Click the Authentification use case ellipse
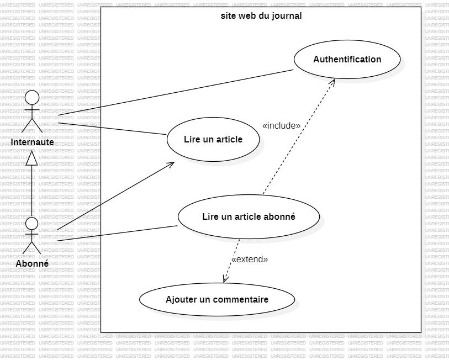(x=347, y=59)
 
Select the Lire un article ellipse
(x=213, y=139)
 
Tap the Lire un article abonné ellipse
(x=249, y=216)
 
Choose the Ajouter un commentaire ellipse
(x=217, y=300)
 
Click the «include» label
(x=281, y=126)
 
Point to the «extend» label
(x=250, y=259)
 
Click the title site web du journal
(x=261, y=15)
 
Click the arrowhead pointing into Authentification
(x=334, y=81)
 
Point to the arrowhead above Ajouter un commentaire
(x=225, y=279)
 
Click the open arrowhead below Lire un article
(x=172, y=164)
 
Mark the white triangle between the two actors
(x=32, y=159)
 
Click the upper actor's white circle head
(x=32, y=98)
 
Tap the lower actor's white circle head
(x=32, y=224)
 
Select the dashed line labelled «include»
(x=298, y=138)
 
